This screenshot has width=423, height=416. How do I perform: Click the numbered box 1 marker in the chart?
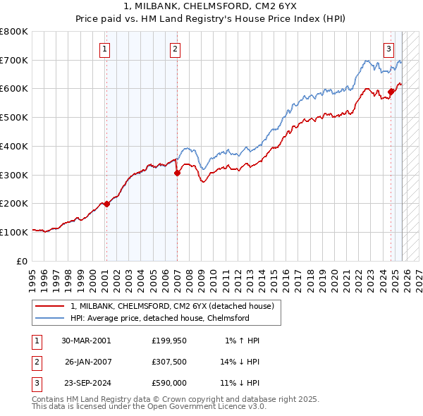click(x=104, y=49)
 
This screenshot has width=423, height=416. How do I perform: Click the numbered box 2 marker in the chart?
click(x=174, y=49)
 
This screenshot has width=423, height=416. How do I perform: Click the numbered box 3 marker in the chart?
click(x=388, y=49)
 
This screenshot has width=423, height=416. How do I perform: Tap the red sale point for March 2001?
click(x=106, y=204)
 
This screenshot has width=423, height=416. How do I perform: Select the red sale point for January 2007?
click(x=177, y=173)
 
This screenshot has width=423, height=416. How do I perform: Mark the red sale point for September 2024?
click(x=391, y=90)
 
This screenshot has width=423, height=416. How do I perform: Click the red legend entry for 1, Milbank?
click(x=176, y=306)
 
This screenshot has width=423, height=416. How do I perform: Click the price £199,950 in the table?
click(x=169, y=341)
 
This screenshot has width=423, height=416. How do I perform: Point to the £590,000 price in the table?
click(x=169, y=383)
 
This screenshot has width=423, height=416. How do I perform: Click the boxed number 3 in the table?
click(x=36, y=383)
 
